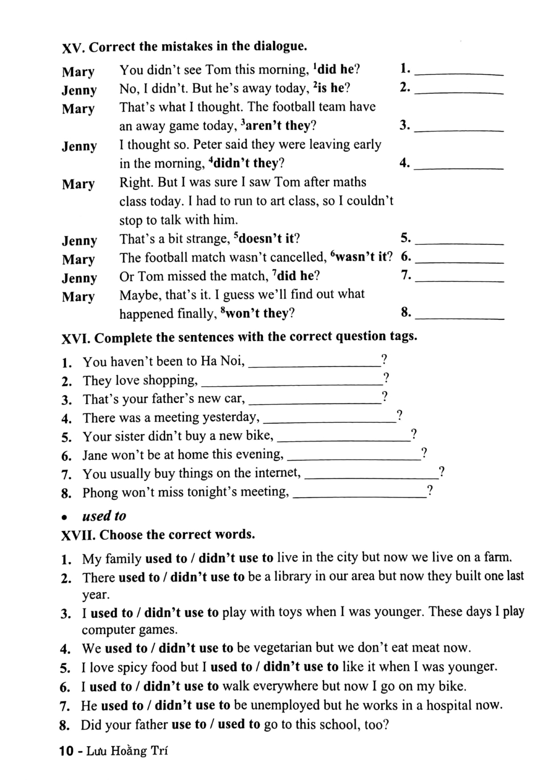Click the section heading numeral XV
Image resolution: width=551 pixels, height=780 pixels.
(73, 48)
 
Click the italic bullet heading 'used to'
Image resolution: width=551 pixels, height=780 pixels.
(104, 516)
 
